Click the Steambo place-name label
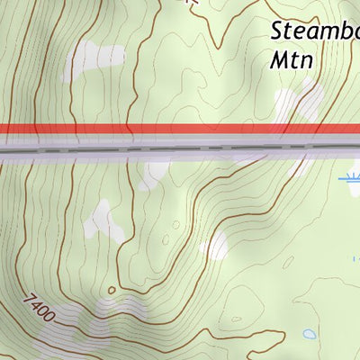[x=315, y=31]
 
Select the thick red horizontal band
[x=180, y=130]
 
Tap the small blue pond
[x=310, y=334]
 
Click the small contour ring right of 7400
[x=111, y=291]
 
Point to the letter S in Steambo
[x=278, y=31]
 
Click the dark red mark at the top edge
[x=188, y=3]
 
